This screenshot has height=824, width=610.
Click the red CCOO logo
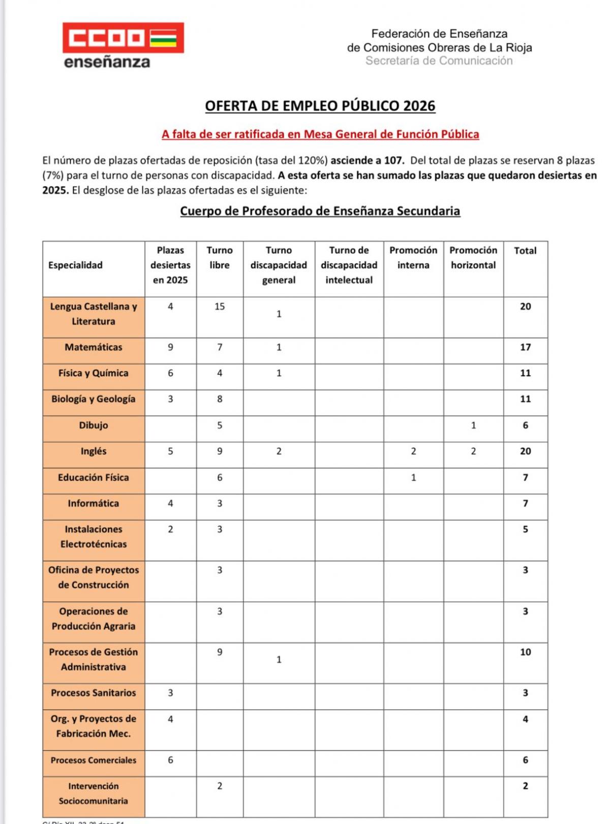(123, 38)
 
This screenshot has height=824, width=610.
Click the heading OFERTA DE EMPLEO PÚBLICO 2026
(320, 106)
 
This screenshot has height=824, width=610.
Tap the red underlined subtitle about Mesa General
(320, 134)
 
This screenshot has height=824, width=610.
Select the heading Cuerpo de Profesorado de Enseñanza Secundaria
(320, 211)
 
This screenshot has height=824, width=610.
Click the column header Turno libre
(220, 258)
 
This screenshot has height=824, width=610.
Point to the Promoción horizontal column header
(473, 258)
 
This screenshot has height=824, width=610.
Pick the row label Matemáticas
(94, 347)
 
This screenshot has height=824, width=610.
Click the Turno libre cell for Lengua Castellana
(220, 307)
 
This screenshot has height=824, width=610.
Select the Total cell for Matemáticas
(525, 347)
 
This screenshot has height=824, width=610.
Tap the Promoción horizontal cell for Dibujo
(473, 426)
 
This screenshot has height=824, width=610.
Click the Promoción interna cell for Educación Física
(413, 478)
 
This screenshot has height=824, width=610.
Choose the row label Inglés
(94, 451)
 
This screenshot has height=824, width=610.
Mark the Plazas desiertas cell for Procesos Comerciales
(170, 760)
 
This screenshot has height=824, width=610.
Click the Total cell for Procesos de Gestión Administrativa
(525, 652)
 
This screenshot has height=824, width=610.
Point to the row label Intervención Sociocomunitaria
(94, 794)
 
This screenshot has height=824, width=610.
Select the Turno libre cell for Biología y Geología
(220, 399)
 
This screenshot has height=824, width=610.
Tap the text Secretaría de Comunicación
(439, 61)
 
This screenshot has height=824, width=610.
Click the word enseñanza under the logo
(107, 62)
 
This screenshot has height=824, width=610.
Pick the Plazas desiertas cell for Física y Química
(170, 373)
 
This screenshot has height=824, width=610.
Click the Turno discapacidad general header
(279, 265)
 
